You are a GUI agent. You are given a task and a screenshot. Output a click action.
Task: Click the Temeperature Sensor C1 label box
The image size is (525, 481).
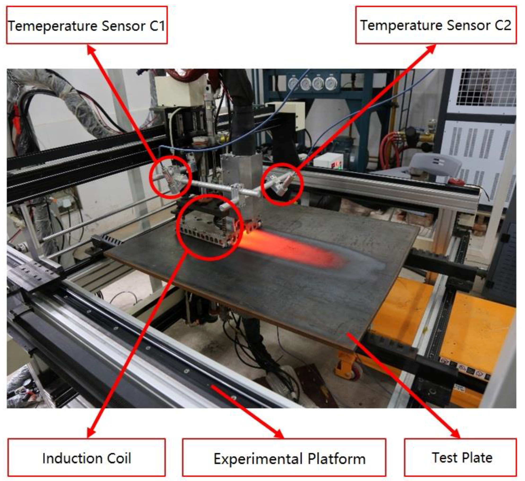(87, 25)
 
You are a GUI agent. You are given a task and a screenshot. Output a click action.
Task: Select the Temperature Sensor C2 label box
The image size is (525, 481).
(436, 25)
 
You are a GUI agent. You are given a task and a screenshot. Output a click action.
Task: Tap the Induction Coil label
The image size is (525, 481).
(87, 458)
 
